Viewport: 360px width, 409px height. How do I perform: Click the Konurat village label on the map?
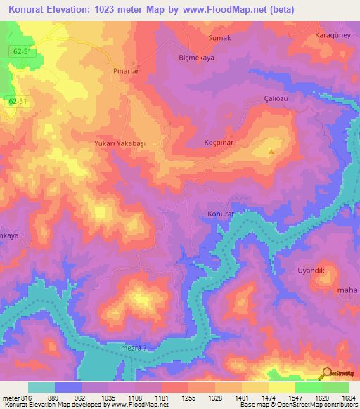(x=219, y=213)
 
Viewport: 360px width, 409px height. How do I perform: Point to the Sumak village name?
(x=219, y=38)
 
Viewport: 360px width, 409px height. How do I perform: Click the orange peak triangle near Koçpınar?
(x=271, y=150)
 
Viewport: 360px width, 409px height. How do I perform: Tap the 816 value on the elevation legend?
(x=22, y=398)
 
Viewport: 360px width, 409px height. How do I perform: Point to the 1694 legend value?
(x=348, y=398)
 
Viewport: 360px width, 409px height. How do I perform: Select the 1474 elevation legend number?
(x=268, y=398)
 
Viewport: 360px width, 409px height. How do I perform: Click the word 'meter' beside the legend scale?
(x=8, y=398)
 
